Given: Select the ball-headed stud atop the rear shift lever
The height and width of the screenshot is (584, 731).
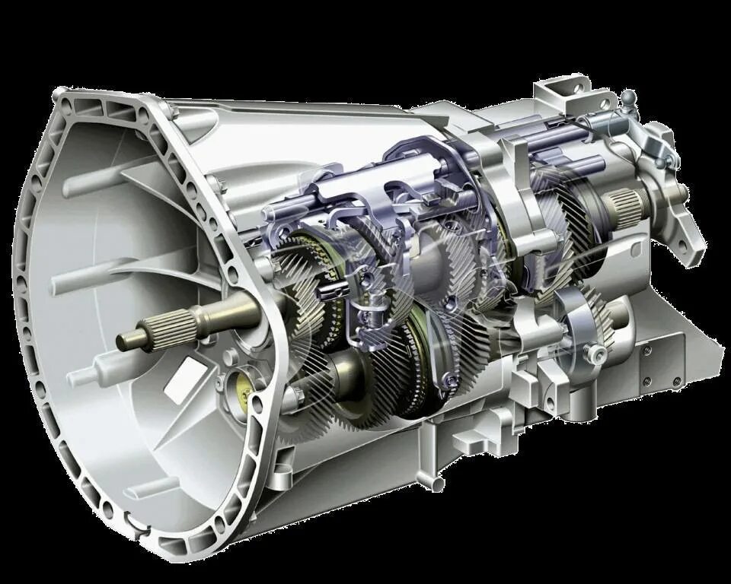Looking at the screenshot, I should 628,97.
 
